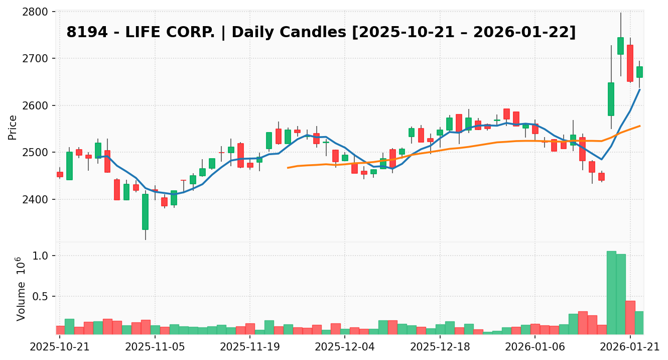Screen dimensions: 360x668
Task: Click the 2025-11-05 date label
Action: pos(155,346)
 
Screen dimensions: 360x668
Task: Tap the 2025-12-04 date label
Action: pos(345,346)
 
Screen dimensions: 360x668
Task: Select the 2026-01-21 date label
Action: pos(630,346)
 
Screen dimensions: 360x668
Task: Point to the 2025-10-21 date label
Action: pos(60,346)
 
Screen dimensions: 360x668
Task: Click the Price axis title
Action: pos(13,128)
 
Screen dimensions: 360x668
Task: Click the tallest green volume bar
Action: pos(611,293)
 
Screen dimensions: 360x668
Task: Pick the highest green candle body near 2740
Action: pos(621,46)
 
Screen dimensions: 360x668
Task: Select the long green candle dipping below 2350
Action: pos(145,211)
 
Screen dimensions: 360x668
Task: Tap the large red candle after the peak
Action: pos(630,63)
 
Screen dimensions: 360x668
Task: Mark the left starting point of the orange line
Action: pos(288,168)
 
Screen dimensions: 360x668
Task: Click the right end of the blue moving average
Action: pos(639,89)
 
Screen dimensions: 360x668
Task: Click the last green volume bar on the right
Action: pos(639,323)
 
